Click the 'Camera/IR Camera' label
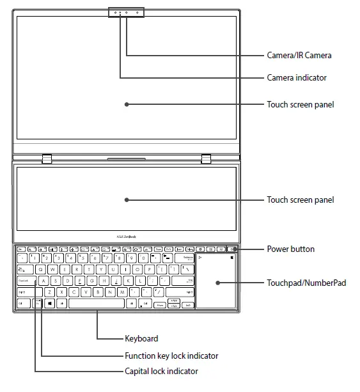click(299, 56)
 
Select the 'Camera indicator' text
click(296, 78)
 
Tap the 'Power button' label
click(290, 249)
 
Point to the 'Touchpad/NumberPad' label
click(306, 282)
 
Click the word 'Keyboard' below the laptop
click(141, 338)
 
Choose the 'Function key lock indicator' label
click(171, 356)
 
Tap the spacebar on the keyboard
click(96, 303)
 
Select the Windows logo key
click(49, 303)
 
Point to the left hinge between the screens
click(46, 158)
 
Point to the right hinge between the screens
click(206, 158)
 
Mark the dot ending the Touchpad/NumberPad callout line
click(217, 282)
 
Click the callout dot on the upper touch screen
click(127, 104)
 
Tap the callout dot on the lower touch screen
click(127, 200)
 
